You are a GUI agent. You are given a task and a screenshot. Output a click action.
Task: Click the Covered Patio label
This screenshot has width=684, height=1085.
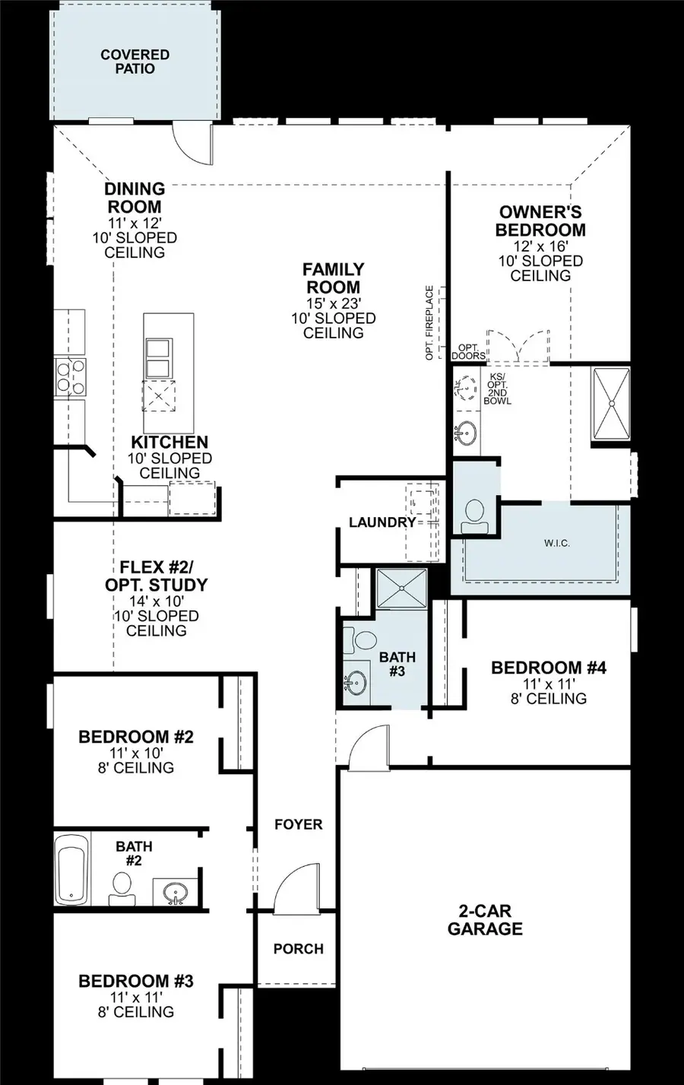135,62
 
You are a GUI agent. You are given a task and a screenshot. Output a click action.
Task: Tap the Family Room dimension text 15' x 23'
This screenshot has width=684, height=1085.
333,303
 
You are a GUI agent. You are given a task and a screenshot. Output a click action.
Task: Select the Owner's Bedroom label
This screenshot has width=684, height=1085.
540,221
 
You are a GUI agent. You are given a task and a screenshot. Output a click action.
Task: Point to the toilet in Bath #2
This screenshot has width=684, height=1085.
122,888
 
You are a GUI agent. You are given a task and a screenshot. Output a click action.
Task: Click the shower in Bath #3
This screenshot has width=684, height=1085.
402,588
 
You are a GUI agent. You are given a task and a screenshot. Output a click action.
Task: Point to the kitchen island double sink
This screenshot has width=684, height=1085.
159,358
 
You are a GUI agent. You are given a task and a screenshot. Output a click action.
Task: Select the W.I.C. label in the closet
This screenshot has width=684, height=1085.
556,543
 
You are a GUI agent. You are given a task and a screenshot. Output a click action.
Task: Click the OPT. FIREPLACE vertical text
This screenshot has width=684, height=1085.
429,322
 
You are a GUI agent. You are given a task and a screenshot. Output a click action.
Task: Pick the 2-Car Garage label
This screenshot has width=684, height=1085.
485,920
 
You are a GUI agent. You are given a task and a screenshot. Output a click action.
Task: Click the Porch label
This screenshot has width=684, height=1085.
298,949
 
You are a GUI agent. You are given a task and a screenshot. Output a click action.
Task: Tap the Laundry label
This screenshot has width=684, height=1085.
382,522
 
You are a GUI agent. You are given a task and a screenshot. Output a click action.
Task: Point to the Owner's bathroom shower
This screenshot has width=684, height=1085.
611,404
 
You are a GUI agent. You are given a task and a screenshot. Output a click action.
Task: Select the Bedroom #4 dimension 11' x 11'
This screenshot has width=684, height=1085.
548,684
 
